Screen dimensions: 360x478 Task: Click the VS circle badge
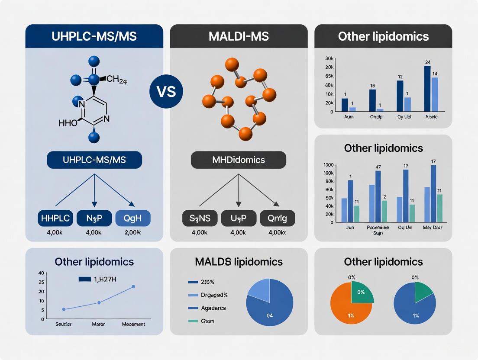tap(166, 92)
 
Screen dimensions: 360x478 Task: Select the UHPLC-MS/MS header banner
tap(94, 36)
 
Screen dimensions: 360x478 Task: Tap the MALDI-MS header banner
tap(239, 36)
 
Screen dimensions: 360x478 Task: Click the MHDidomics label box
tap(239, 160)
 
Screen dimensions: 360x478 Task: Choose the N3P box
tap(94, 218)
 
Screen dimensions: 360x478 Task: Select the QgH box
tap(133, 218)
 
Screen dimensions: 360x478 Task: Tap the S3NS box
tap(200, 218)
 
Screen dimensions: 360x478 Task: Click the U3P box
tap(238, 218)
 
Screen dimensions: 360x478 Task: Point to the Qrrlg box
tap(277, 218)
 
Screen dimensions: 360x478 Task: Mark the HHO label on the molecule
tap(68, 123)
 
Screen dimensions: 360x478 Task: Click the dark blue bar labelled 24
tap(427, 89)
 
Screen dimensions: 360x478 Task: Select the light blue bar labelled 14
tap(435, 94)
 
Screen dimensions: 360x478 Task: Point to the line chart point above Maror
tap(99, 302)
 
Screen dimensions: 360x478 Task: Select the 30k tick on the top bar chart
tap(329, 58)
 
